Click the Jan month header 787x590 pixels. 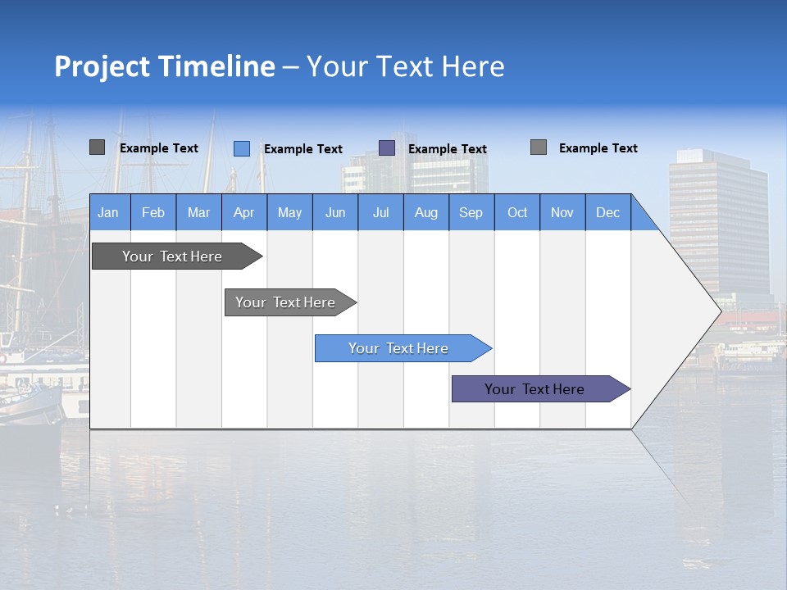[x=108, y=212]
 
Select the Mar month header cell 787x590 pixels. [x=198, y=212]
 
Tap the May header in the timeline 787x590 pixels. [x=289, y=212]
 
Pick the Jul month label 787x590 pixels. [x=380, y=212]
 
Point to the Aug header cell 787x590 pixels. [x=425, y=212]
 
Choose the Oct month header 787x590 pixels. [x=517, y=212]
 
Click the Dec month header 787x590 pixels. [x=607, y=212]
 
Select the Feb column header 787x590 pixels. [x=153, y=212]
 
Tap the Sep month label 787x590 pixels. [x=471, y=212]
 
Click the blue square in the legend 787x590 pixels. [x=242, y=148]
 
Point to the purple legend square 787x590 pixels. [x=387, y=148]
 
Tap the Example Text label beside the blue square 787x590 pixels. [x=303, y=149]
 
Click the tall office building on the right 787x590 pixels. [x=717, y=221]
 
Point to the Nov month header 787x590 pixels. [x=562, y=212]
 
